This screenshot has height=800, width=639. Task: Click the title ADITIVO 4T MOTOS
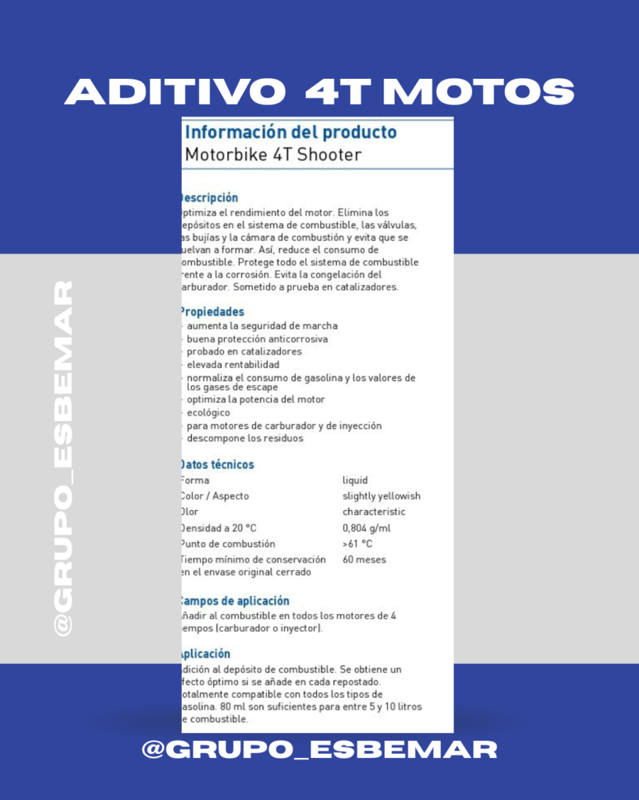click(x=319, y=92)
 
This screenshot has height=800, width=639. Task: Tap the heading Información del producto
click(x=290, y=132)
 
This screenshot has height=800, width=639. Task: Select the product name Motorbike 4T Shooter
click(x=273, y=155)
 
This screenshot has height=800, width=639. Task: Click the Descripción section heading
click(x=209, y=198)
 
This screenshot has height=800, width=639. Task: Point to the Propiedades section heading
click(x=212, y=312)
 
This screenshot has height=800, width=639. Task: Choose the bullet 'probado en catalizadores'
click(x=244, y=352)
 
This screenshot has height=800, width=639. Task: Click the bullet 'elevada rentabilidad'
click(x=233, y=364)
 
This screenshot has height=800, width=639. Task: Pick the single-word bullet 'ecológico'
click(x=209, y=412)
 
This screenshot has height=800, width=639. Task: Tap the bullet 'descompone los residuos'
click(x=245, y=438)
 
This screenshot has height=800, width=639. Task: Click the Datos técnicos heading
click(x=217, y=465)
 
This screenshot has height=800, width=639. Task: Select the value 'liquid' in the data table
click(x=355, y=480)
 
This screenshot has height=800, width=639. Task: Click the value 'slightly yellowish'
click(x=382, y=496)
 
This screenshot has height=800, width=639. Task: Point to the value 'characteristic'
click(x=374, y=512)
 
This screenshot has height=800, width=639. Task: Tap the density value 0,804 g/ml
click(x=366, y=528)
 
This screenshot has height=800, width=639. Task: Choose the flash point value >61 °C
click(x=357, y=544)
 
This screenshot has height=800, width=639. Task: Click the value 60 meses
click(x=364, y=559)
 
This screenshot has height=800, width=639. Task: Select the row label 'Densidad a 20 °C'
click(x=218, y=528)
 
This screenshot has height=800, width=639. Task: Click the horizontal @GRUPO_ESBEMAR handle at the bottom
click(x=319, y=750)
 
